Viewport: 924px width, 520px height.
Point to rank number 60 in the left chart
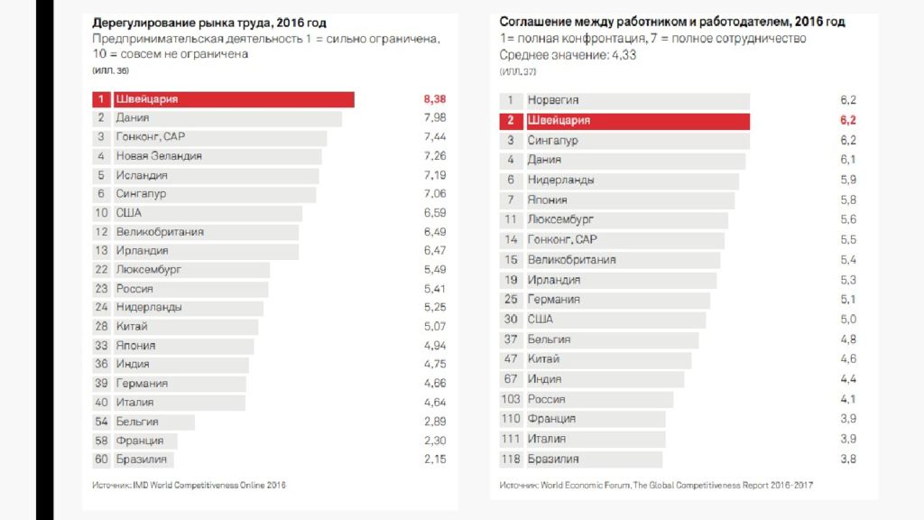102,460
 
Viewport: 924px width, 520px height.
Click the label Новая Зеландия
159,156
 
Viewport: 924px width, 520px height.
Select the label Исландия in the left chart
142,175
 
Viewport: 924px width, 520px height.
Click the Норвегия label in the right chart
553,100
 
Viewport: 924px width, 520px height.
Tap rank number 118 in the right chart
511,459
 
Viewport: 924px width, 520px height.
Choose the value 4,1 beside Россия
847,399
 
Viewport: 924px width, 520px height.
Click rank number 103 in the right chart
511,399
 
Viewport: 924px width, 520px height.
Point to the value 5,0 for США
847,319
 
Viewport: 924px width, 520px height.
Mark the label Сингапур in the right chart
553,141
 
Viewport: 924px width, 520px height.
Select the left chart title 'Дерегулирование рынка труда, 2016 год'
209,22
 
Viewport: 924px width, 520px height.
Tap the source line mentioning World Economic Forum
656,486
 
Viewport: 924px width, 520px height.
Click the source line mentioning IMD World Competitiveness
189,486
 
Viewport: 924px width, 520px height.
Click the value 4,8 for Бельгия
847,339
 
